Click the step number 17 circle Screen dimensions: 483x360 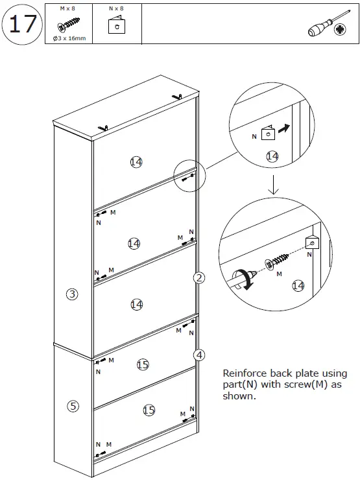click(23, 25)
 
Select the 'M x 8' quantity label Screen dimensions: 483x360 click(67, 9)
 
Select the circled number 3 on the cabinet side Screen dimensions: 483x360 click(73, 294)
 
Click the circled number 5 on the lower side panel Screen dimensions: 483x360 click(73, 406)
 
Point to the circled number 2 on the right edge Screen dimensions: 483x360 click(199, 278)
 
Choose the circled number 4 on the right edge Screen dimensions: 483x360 click(199, 355)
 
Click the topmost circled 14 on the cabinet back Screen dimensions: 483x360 click(136, 162)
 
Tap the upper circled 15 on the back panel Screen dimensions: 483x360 click(143, 365)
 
